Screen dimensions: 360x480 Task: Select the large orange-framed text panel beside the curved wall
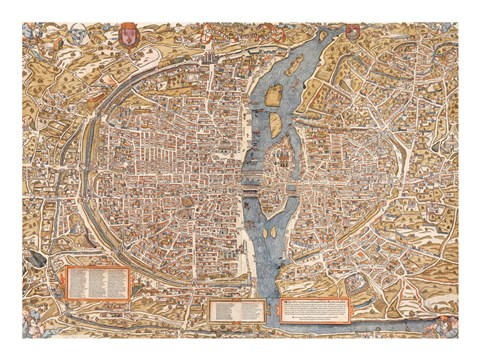tap(98, 283)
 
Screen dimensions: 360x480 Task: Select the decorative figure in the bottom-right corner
tap(446, 325)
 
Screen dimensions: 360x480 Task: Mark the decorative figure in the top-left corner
tap(34, 35)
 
